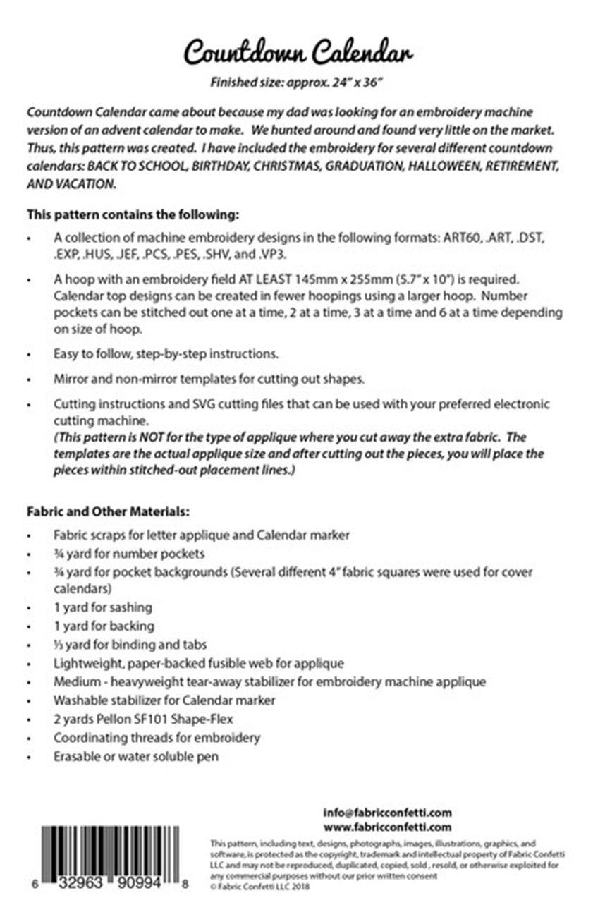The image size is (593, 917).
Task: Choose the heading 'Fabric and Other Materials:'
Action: (x=109, y=509)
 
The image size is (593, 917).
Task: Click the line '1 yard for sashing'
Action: (x=103, y=607)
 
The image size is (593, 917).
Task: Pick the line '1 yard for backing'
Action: (x=104, y=626)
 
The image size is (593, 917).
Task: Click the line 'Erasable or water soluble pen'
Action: (x=136, y=756)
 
